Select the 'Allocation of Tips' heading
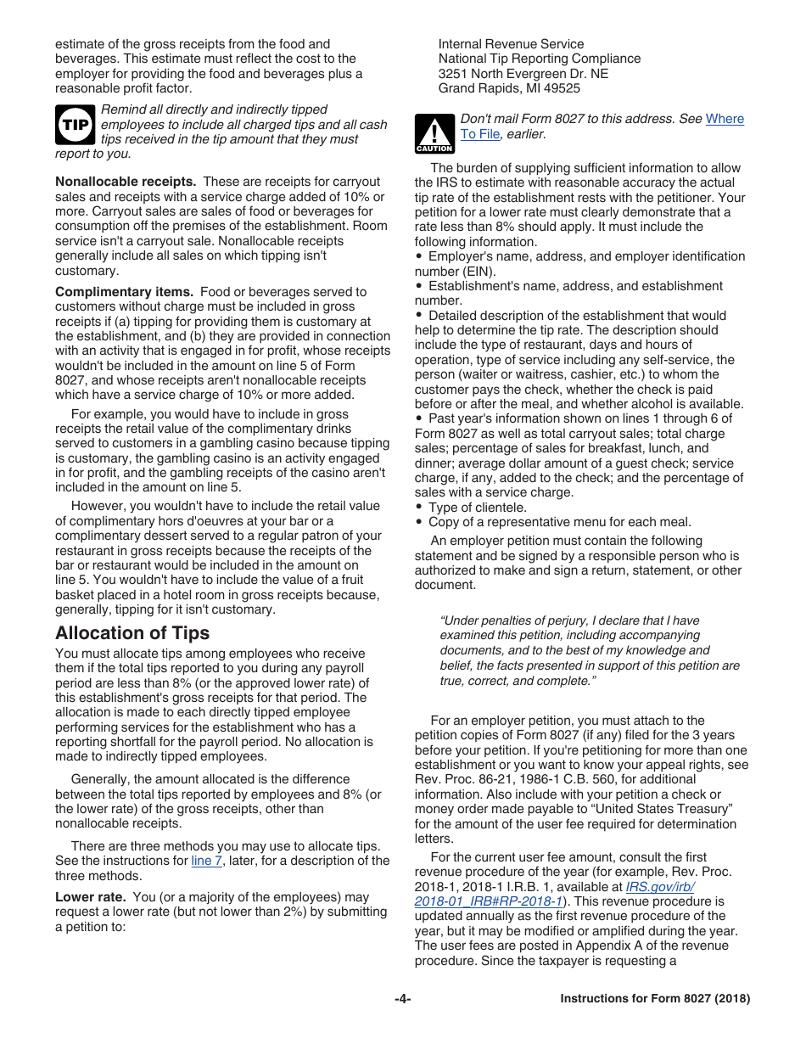pos(132,633)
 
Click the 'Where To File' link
pos(724,119)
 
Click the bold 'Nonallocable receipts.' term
pos(126,182)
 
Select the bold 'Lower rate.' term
pos(91,897)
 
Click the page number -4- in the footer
pos(402,999)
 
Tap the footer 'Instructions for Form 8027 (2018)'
pos(655,999)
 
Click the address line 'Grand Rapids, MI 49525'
pos(509,88)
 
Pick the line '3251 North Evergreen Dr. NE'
pos(523,74)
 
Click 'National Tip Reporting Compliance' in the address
pos(539,59)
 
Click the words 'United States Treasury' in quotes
pos(664,809)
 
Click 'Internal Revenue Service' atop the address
pos(511,44)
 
